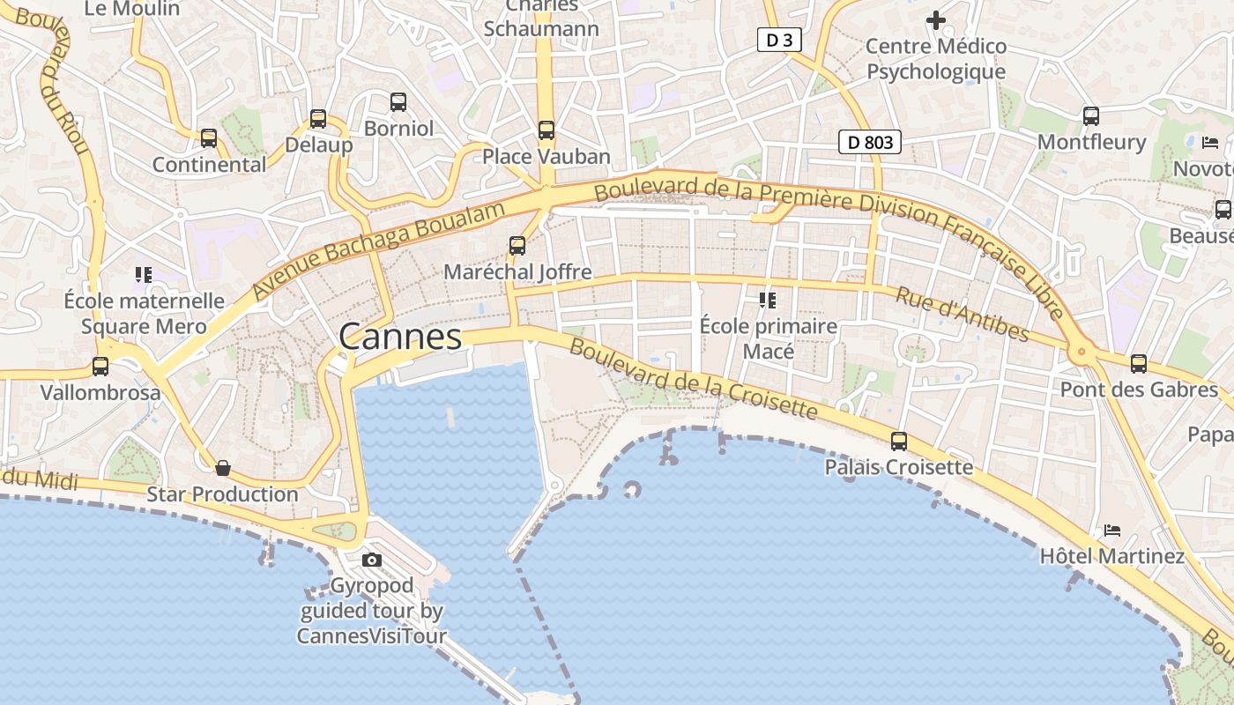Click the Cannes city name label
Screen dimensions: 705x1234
coord(400,337)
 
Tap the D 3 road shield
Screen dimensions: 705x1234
coord(779,40)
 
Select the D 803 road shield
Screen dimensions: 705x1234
coord(869,142)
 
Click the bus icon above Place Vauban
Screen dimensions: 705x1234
coord(546,130)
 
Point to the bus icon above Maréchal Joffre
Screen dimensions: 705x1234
coord(517,246)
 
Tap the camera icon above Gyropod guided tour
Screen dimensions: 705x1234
coord(372,560)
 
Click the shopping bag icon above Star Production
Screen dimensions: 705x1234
coord(223,468)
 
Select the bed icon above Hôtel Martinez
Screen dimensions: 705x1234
coord(1112,531)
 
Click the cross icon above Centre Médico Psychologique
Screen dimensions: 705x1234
coord(936,19)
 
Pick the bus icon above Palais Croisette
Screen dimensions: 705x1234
coord(899,442)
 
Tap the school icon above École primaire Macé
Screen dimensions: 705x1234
coord(768,301)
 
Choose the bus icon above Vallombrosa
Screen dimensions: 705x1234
coord(100,367)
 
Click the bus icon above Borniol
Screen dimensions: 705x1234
coord(398,102)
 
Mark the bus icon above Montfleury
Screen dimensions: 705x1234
coord(1091,116)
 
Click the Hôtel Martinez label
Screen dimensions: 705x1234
coord(1112,556)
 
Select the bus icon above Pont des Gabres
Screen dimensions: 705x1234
coord(1139,363)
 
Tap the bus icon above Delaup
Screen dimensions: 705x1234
coord(318,119)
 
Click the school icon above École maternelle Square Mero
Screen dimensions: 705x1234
coord(144,275)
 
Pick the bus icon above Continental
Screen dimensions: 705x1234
coord(209,138)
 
